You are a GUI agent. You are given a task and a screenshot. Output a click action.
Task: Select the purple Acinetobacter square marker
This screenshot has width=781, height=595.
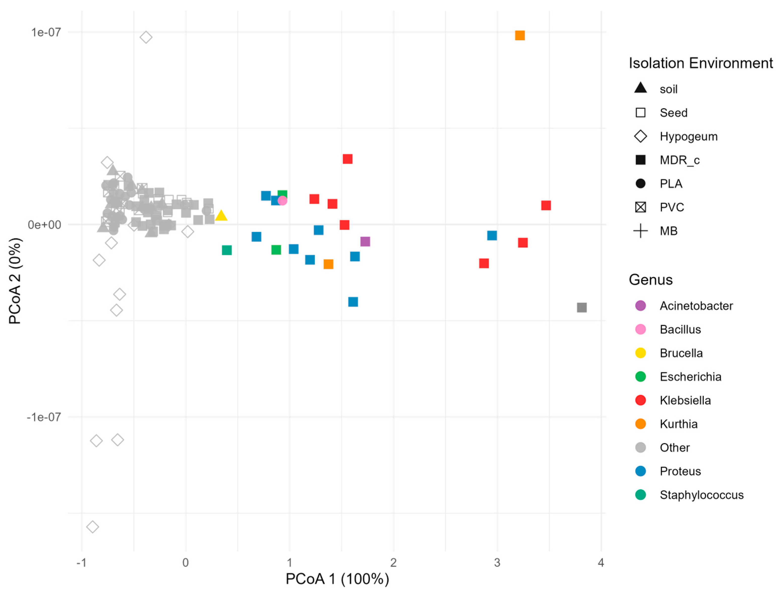(x=365, y=241)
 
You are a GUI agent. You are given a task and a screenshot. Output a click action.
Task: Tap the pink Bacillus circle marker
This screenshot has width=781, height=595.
(x=282, y=201)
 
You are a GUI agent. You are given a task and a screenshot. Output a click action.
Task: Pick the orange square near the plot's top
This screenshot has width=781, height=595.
(x=519, y=35)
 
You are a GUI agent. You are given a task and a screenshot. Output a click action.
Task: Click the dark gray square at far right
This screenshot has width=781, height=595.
(x=582, y=307)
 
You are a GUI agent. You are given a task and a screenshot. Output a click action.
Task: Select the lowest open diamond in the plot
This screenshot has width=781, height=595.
(x=93, y=527)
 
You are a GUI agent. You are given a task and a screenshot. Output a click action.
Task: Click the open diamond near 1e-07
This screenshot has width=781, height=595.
(x=146, y=37)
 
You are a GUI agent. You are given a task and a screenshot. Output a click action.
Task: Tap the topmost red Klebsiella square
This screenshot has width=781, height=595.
(x=348, y=159)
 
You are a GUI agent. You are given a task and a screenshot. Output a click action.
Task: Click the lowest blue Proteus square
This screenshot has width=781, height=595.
(x=353, y=302)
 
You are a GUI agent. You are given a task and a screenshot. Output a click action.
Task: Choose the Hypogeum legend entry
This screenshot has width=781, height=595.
(x=688, y=136)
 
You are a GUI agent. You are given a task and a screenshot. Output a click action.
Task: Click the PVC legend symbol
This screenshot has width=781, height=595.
(x=640, y=207)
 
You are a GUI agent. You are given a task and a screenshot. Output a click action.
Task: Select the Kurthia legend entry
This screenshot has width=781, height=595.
(x=678, y=424)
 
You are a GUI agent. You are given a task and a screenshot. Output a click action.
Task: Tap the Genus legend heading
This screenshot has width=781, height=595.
(x=650, y=280)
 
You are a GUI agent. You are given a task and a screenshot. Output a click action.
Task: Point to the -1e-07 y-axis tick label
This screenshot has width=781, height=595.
(x=44, y=417)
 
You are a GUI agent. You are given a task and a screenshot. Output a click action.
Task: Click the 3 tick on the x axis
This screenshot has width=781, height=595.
(x=497, y=563)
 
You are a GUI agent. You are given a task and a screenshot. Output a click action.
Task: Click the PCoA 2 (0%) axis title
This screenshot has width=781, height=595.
(x=15, y=281)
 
